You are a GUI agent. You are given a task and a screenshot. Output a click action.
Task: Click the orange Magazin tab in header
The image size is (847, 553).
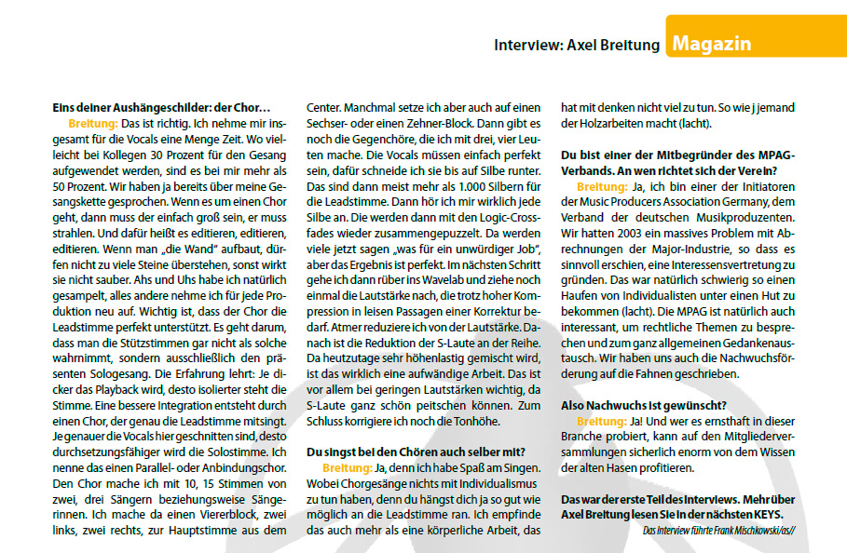711,44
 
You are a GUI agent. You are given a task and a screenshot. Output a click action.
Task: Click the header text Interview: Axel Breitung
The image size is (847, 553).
577,45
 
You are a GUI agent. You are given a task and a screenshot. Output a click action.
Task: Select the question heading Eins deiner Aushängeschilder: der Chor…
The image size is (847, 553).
161,108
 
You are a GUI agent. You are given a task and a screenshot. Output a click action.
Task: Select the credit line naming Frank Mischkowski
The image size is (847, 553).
722,530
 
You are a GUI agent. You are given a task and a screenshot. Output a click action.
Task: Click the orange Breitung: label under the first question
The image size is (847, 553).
92,123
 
